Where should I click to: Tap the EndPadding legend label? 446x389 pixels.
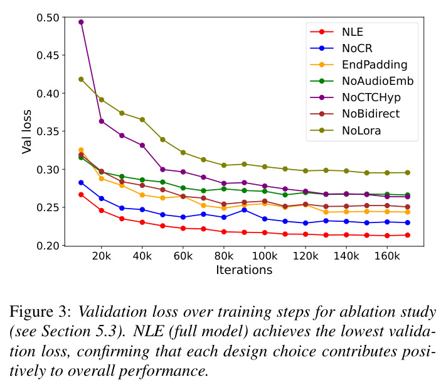click(x=374, y=65)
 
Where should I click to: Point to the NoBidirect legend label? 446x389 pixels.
click(x=371, y=114)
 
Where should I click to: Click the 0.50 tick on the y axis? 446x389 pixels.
click(x=48, y=18)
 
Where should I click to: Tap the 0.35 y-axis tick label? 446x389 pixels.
click(x=48, y=132)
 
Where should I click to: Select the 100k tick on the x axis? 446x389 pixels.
click(x=265, y=256)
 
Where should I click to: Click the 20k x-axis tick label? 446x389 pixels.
click(x=101, y=256)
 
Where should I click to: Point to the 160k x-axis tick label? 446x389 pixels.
click(x=387, y=256)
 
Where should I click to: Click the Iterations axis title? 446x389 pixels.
click(x=244, y=270)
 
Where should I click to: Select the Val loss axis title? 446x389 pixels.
click(x=26, y=132)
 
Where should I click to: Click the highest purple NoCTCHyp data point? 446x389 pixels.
click(x=81, y=22)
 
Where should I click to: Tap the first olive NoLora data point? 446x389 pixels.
click(x=81, y=79)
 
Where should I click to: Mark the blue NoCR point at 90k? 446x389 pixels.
click(x=244, y=210)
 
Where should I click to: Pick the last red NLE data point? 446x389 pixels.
click(x=407, y=235)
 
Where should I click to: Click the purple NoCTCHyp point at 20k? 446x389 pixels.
click(x=101, y=121)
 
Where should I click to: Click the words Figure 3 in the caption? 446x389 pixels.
click(x=40, y=312)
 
